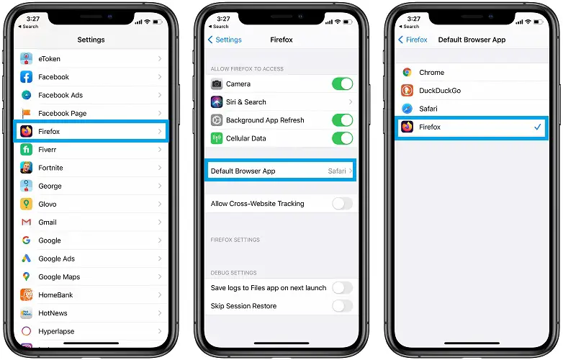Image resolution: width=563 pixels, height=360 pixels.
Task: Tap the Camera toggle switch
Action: point(342,84)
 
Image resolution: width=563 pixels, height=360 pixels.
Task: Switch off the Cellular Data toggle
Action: point(342,138)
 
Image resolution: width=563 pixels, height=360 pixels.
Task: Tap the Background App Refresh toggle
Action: point(342,120)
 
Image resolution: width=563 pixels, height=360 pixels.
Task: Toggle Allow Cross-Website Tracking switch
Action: point(342,204)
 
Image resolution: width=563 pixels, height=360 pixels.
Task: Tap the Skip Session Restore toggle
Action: point(342,306)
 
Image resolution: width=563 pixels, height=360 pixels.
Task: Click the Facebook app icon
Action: point(26,77)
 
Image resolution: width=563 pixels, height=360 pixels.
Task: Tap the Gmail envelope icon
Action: point(26,222)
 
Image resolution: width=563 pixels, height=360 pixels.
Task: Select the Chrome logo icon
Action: point(407,73)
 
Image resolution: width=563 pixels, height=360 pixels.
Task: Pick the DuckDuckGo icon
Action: point(407,91)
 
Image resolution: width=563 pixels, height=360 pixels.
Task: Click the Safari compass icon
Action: point(407,109)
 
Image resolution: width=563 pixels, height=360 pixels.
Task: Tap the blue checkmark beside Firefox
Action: point(538,127)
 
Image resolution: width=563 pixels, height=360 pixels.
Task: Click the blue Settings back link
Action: point(225,40)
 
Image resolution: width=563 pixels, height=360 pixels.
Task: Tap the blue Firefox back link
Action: point(413,40)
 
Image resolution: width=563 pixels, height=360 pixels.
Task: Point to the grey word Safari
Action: point(337,171)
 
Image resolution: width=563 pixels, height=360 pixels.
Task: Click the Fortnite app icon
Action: point(26,168)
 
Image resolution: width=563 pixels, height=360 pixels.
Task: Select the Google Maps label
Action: point(59,276)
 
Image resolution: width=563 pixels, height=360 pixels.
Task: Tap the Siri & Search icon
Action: point(217,102)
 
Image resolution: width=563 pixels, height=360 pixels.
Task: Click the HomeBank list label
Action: point(55,295)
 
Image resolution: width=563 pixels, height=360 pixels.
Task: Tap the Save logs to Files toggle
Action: point(342,288)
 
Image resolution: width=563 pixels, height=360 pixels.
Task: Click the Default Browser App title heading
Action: point(472,40)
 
